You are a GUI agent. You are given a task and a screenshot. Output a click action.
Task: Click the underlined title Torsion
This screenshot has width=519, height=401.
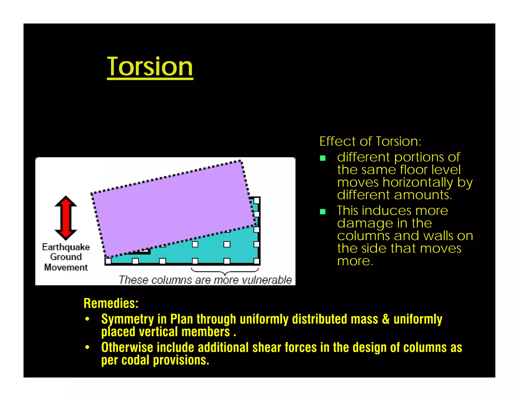pyautogui.click(x=150, y=67)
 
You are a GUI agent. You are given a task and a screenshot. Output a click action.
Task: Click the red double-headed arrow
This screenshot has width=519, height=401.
pyautogui.click(x=66, y=218)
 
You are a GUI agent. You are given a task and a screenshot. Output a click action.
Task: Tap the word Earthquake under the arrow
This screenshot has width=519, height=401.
pyautogui.click(x=66, y=247)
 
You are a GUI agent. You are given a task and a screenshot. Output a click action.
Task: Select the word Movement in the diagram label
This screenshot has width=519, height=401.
pyautogui.click(x=66, y=267)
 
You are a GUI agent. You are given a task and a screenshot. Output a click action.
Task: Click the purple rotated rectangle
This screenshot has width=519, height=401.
pyautogui.click(x=172, y=208)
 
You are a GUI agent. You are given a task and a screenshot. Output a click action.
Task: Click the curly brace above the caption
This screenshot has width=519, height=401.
pyautogui.click(x=225, y=271)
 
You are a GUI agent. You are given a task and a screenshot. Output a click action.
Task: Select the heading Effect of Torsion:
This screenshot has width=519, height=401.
pyautogui.click(x=370, y=141)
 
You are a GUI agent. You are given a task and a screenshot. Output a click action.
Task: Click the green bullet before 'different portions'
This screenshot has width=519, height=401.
pyautogui.click(x=323, y=158)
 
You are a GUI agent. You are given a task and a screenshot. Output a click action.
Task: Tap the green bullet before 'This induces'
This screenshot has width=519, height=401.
pyautogui.click(x=323, y=212)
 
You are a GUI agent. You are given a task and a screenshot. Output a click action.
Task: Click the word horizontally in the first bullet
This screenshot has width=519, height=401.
pyautogui.click(x=418, y=182)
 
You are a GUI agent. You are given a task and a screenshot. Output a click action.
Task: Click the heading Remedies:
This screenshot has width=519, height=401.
pyautogui.click(x=111, y=303)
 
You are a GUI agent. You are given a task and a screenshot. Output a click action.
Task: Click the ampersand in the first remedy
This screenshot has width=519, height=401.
pyautogui.click(x=386, y=319)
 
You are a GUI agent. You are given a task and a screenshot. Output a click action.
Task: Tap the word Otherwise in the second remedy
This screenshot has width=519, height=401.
pyautogui.click(x=127, y=348)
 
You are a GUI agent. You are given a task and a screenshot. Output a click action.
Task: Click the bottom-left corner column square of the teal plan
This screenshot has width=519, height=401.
pyautogui.click(x=108, y=261)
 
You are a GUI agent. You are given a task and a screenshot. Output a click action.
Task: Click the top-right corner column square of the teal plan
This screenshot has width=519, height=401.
pyautogui.click(x=256, y=200)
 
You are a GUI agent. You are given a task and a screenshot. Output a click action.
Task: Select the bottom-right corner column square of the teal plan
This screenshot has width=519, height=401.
pyautogui.click(x=256, y=261)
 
